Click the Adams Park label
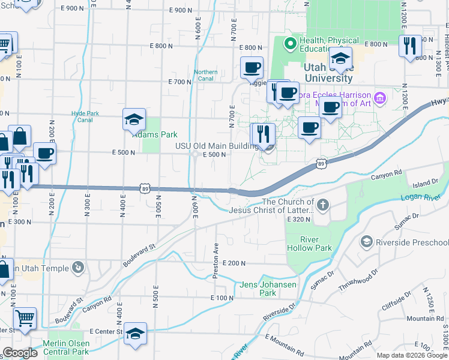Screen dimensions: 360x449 pos(155,134)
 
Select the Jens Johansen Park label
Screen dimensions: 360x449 pos(268,289)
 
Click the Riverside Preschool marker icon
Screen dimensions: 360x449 pos(366,242)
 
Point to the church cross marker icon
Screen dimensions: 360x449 pos(323,206)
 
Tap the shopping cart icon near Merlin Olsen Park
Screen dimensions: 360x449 pos(25,319)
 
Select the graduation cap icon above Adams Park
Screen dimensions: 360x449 pos(134,119)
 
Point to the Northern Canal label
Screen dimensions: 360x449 pos(205,75)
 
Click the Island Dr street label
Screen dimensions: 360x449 pos(426,182)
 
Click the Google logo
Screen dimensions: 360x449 pos(19,353)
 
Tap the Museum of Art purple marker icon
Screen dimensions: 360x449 pos(379,98)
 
